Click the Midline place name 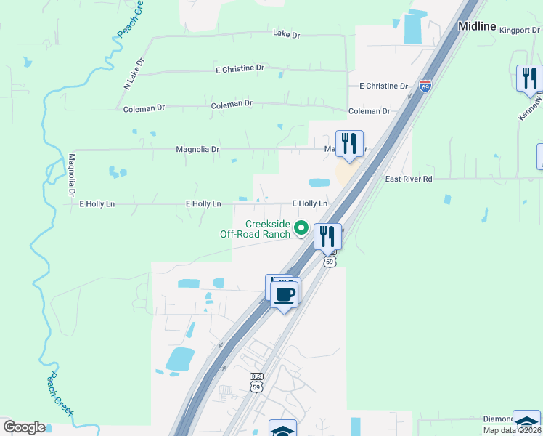click(x=477, y=26)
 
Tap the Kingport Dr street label click(x=516, y=31)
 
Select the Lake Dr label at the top click(x=287, y=33)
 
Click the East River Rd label click(x=409, y=179)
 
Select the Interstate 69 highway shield click(x=425, y=86)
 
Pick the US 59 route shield click(x=330, y=261)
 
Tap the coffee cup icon click(x=285, y=294)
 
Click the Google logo click(x=23, y=427)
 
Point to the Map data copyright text click(x=513, y=430)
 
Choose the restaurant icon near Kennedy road click(x=529, y=78)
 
